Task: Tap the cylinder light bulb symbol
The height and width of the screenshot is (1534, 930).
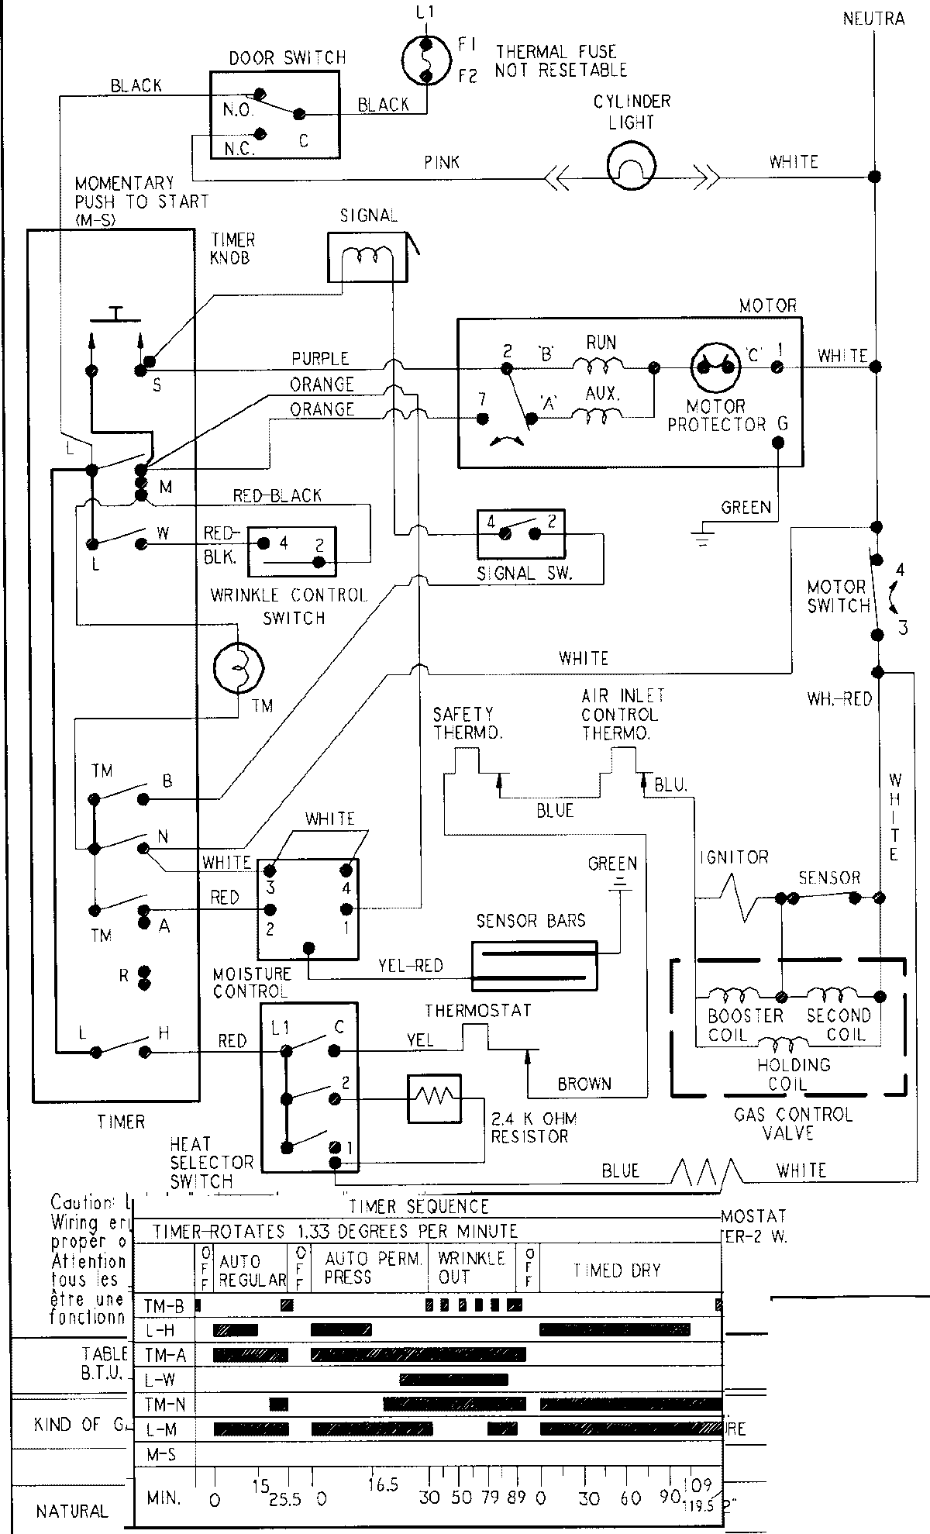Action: pyautogui.click(x=631, y=164)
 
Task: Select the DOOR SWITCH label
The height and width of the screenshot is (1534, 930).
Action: pyautogui.click(x=288, y=58)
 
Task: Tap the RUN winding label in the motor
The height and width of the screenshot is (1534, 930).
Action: pyautogui.click(x=601, y=343)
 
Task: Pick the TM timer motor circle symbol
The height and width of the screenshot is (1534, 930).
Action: pyautogui.click(x=238, y=667)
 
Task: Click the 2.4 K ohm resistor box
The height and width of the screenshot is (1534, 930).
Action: pyautogui.click(x=434, y=1098)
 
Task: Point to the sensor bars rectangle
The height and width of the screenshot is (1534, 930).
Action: pyautogui.click(x=535, y=964)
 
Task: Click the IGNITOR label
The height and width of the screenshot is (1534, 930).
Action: pyautogui.click(x=733, y=857)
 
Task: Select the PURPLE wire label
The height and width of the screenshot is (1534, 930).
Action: pyautogui.click(x=320, y=359)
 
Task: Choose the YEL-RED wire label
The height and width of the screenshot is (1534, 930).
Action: pyautogui.click(x=410, y=966)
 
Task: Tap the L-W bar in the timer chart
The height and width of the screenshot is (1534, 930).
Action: pyautogui.click(x=453, y=1379)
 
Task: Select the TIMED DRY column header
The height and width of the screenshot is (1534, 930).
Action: pyautogui.click(x=617, y=1270)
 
